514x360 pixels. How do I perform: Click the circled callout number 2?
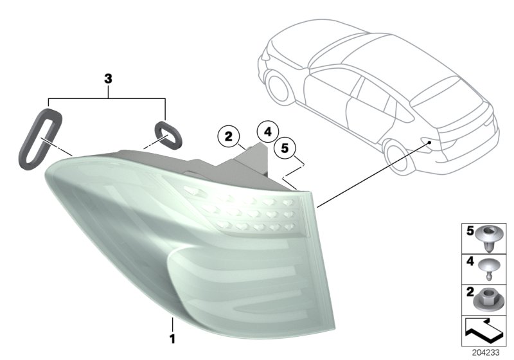227,136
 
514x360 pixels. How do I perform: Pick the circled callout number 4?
267,132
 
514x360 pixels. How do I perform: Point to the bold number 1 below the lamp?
172,337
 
